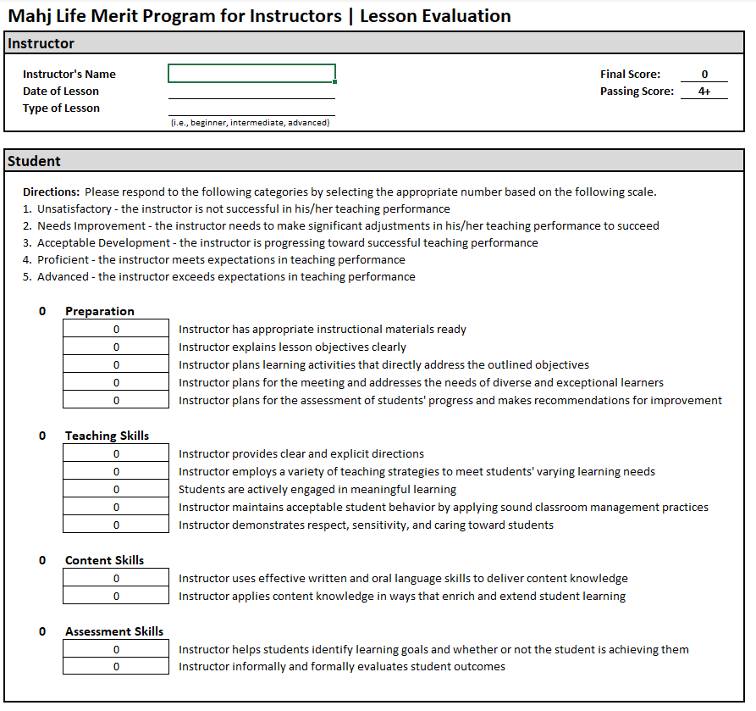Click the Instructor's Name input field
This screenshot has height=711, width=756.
(251, 74)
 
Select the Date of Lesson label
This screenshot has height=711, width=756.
(61, 92)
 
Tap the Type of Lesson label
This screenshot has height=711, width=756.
(61, 108)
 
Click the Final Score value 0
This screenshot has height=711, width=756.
(704, 75)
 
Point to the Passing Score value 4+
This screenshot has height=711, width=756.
(704, 92)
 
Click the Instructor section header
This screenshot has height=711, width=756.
(41, 43)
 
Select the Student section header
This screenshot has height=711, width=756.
(34, 161)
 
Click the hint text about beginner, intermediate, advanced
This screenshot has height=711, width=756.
(250, 123)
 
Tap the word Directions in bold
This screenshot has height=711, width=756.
(51, 192)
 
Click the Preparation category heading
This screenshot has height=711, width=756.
(99, 311)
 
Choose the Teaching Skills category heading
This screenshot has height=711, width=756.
(107, 436)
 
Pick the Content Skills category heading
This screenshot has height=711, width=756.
(104, 560)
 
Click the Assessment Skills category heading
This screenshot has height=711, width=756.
(114, 631)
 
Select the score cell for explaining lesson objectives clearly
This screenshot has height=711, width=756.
(116, 347)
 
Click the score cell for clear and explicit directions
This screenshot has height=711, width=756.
(116, 454)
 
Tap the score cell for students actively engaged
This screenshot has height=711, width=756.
(116, 490)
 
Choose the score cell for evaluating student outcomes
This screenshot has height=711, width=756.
(116, 667)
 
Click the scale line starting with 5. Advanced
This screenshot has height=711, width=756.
(218, 277)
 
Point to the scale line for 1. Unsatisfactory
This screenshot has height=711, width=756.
(236, 209)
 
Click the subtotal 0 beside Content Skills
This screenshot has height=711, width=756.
(42, 560)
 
